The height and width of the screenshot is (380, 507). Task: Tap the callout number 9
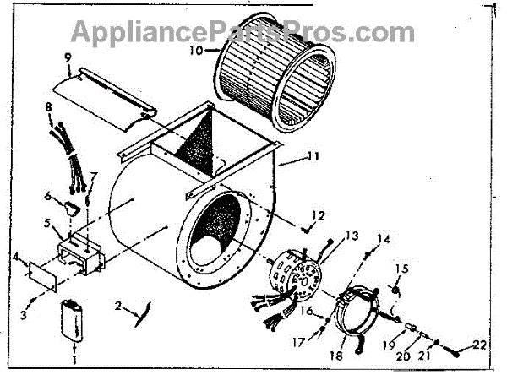[67, 57]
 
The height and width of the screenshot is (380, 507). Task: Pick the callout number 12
[318, 216]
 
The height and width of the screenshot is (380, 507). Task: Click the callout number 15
[402, 269]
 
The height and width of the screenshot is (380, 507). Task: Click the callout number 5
[47, 225]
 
